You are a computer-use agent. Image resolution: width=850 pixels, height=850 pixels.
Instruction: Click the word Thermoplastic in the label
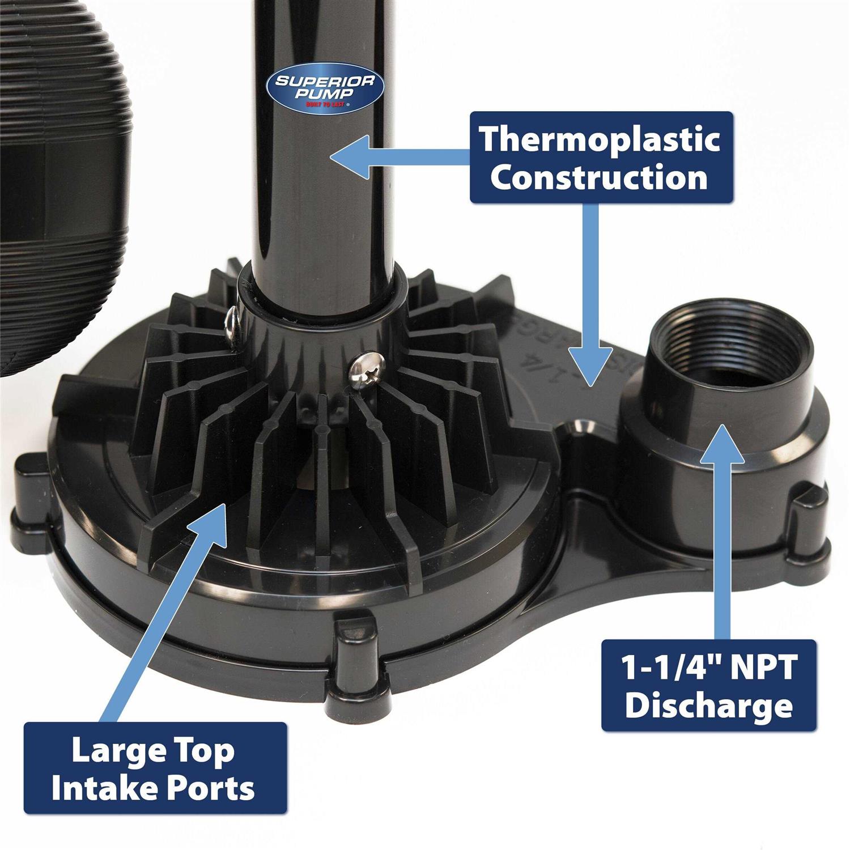[600, 139]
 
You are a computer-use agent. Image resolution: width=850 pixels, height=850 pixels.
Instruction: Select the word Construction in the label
[599, 177]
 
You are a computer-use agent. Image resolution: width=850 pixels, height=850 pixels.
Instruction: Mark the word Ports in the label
[218, 788]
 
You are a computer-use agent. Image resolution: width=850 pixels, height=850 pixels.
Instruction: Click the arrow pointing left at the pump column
[397, 159]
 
